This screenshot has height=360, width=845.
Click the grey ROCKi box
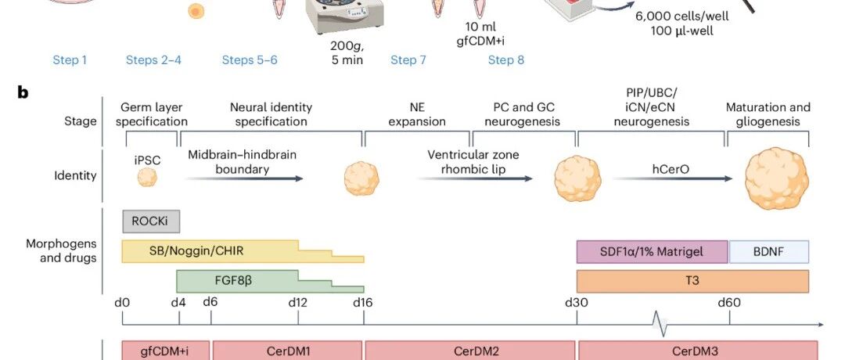[151, 221]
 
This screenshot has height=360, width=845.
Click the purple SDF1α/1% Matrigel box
[652, 252]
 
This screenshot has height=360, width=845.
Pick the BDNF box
[769, 252]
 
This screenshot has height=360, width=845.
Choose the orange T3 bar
[692, 281]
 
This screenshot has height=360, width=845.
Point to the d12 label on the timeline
[297, 303]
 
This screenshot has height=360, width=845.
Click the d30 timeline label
[576, 303]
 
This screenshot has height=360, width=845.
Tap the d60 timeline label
[729, 303]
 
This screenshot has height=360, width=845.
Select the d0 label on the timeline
[122, 303]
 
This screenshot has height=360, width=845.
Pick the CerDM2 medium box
[470, 351]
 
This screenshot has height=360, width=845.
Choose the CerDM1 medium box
[288, 351]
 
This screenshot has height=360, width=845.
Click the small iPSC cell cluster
[147, 177]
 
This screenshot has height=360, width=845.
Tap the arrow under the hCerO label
[673, 178]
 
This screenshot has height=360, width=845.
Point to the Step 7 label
[408, 59]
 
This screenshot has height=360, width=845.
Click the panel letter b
[23, 92]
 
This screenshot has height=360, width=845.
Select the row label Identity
[75, 175]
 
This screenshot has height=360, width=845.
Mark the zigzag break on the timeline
[660, 324]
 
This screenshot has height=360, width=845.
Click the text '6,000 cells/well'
[681, 16]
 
